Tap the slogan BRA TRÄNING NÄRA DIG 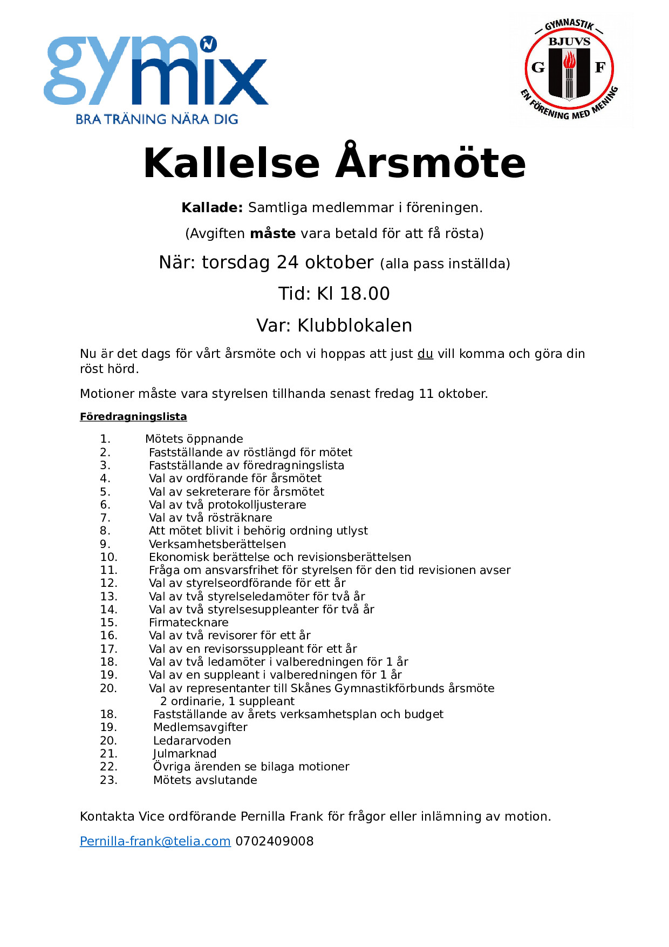[x=156, y=119]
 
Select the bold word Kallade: [x=212, y=207]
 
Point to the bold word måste [x=272, y=233]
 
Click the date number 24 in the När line [x=287, y=262]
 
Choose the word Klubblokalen [x=354, y=326]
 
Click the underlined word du [x=425, y=354]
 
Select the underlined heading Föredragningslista [x=133, y=416]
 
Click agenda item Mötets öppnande [x=194, y=439]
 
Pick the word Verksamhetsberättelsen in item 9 [x=217, y=544]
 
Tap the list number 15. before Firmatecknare [x=108, y=623]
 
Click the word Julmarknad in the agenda [x=185, y=754]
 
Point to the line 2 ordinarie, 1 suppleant [x=227, y=701]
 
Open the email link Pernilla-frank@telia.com [x=155, y=841]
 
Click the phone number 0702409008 [x=274, y=841]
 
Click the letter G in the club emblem [x=538, y=67]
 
